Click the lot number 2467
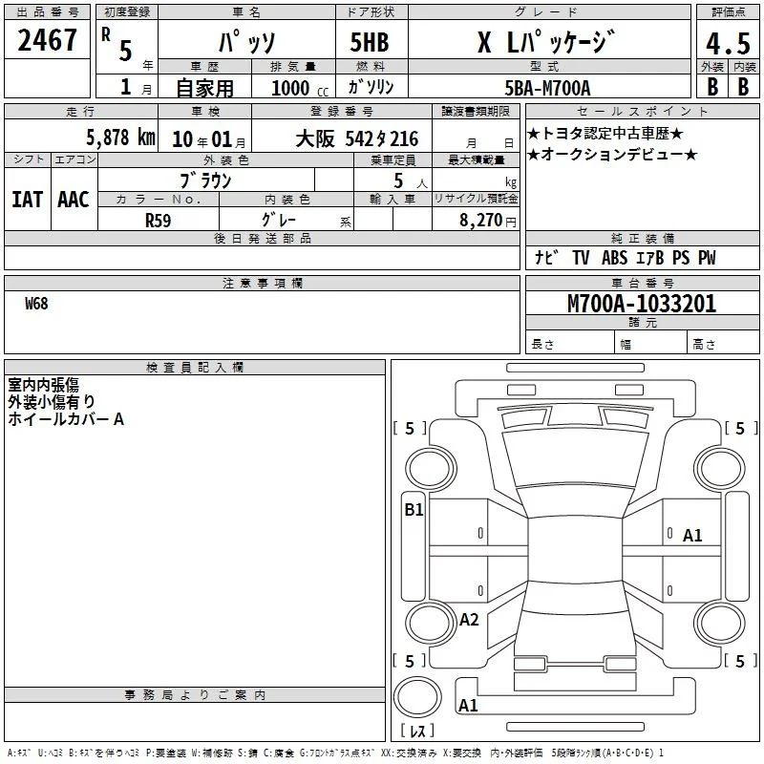(47, 40)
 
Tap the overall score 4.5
(728, 44)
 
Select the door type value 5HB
(370, 42)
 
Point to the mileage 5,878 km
(121, 138)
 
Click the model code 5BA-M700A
(547, 88)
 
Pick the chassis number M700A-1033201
(642, 304)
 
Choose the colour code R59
(158, 221)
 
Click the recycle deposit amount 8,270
(480, 220)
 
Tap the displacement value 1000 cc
(300, 88)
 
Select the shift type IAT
(28, 200)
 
